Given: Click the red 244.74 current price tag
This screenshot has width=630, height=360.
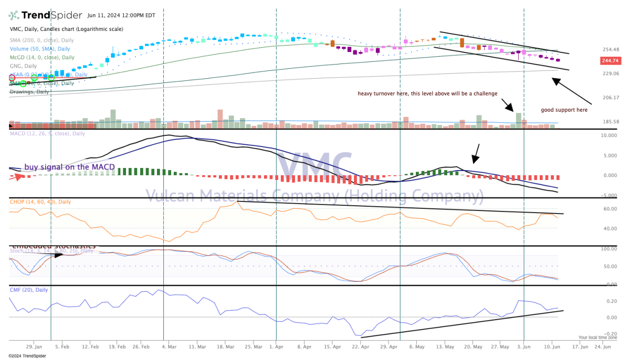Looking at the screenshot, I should pos(609,61).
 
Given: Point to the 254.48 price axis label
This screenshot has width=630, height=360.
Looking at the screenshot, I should pos(610,50).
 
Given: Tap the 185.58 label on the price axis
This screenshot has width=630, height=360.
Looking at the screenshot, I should pos(610,122).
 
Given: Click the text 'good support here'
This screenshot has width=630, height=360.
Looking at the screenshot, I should pos(564,110).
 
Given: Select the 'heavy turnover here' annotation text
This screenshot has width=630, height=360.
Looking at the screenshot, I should pos(427,94).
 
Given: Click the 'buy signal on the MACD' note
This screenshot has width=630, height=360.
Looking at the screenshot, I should pos(69,167).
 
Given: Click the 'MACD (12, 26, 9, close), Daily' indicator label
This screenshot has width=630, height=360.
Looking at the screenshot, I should pos(47,134).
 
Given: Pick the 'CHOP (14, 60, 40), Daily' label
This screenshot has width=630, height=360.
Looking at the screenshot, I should pos(40,202).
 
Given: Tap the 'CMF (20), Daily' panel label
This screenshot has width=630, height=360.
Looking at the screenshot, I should pos(29,290).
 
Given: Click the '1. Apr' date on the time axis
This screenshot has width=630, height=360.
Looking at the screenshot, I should pos(276,347).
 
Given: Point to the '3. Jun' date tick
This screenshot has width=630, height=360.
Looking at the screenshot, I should pos(523,347).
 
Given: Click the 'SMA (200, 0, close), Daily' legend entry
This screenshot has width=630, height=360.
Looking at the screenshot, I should pos(41,40).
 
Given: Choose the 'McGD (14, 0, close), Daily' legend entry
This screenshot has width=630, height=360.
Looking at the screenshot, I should pos(42,57).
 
